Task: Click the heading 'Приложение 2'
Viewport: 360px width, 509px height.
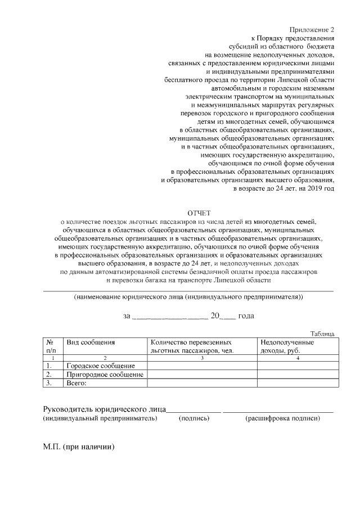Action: point(312,29)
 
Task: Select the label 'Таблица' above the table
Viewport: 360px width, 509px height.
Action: point(322,334)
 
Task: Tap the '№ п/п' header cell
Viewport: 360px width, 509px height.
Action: point(49,346)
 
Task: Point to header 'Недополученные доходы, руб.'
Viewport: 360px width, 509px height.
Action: point(286,346)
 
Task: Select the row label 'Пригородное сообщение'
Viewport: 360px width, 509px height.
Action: point(105,375)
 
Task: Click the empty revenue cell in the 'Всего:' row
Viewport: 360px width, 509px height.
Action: point(296,383)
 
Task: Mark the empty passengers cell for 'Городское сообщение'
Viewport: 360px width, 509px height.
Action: point(202,366)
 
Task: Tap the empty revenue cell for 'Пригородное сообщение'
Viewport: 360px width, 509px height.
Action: point(296,375)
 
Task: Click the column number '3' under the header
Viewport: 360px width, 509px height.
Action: point(202,358)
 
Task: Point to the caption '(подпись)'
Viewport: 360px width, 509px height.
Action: point(194,418)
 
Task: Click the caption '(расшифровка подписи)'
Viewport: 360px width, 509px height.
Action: point(282,418)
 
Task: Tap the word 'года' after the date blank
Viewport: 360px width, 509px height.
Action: point(246,316)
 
